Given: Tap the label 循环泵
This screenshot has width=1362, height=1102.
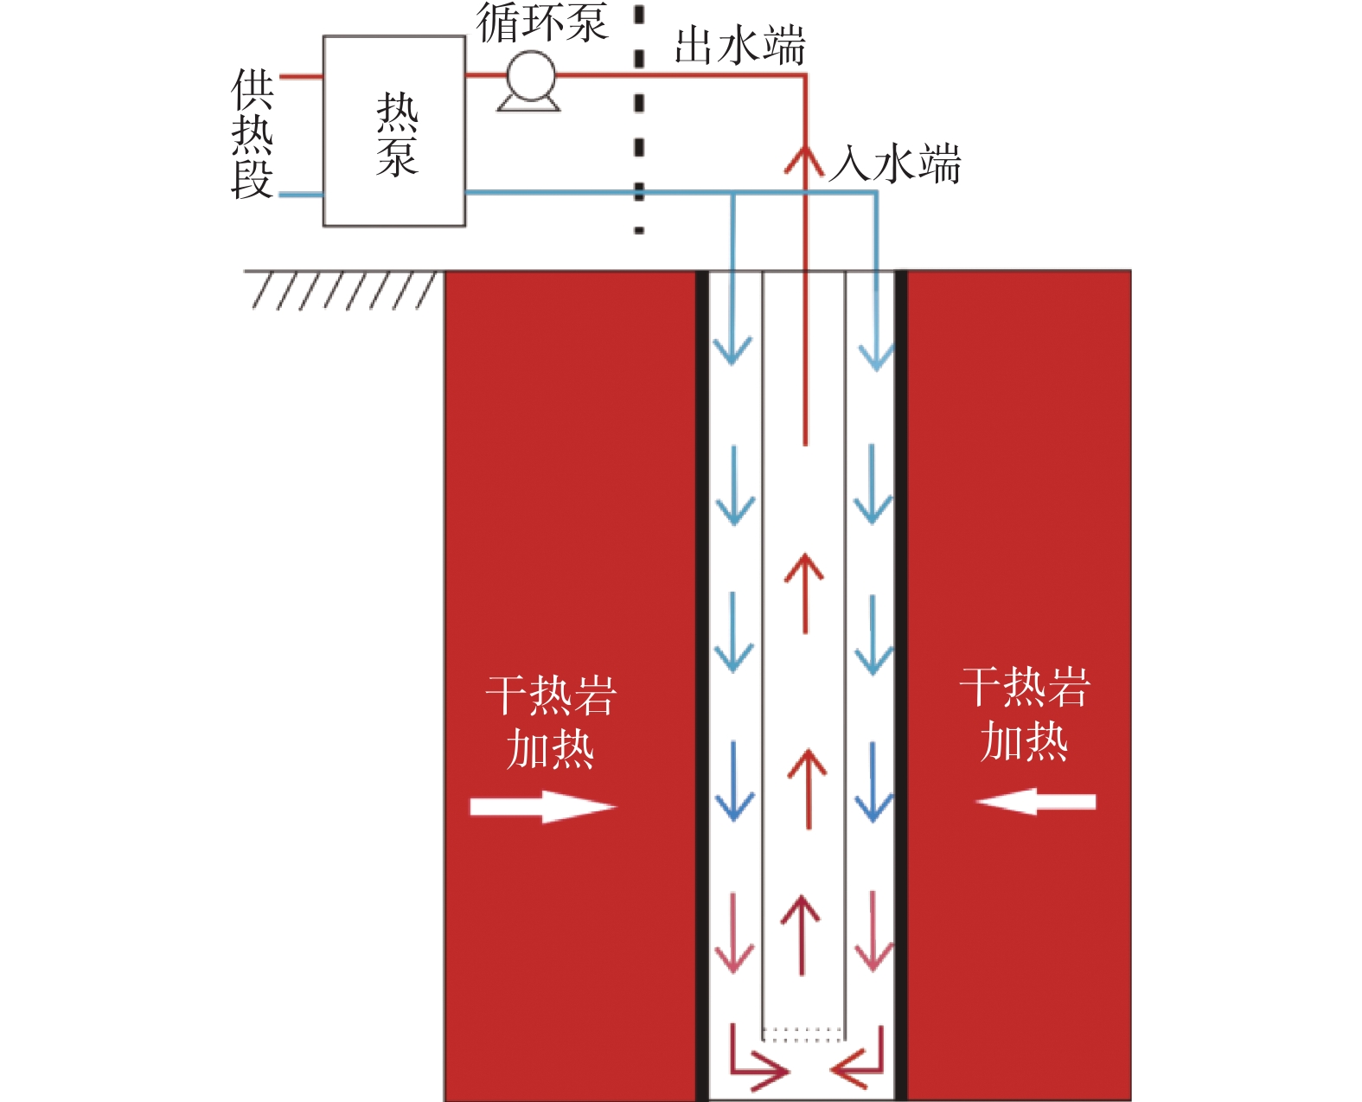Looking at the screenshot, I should click(542, 22).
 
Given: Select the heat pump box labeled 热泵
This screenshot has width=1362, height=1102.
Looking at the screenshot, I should click(394, 131).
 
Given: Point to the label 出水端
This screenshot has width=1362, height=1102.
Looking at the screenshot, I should click(739, 46).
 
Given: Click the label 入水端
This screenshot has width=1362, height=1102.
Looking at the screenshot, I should click(895, 163).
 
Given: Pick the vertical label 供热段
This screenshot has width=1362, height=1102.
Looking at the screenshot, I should click(253, 134).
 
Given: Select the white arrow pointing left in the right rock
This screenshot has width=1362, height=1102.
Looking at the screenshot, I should click(1036, 801).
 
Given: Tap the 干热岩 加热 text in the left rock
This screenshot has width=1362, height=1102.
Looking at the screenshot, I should click(551, 721).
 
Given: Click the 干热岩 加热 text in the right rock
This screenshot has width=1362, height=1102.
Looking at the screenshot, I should click(1025, 714).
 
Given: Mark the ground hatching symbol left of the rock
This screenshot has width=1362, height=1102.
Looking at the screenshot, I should click(342, 290).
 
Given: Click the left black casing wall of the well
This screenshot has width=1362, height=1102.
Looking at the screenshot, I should click(702, 683).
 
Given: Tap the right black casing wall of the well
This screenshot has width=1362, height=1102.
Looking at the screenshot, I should click(900, 683).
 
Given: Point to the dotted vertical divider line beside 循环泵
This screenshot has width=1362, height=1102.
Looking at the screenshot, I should click(639, 121).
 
